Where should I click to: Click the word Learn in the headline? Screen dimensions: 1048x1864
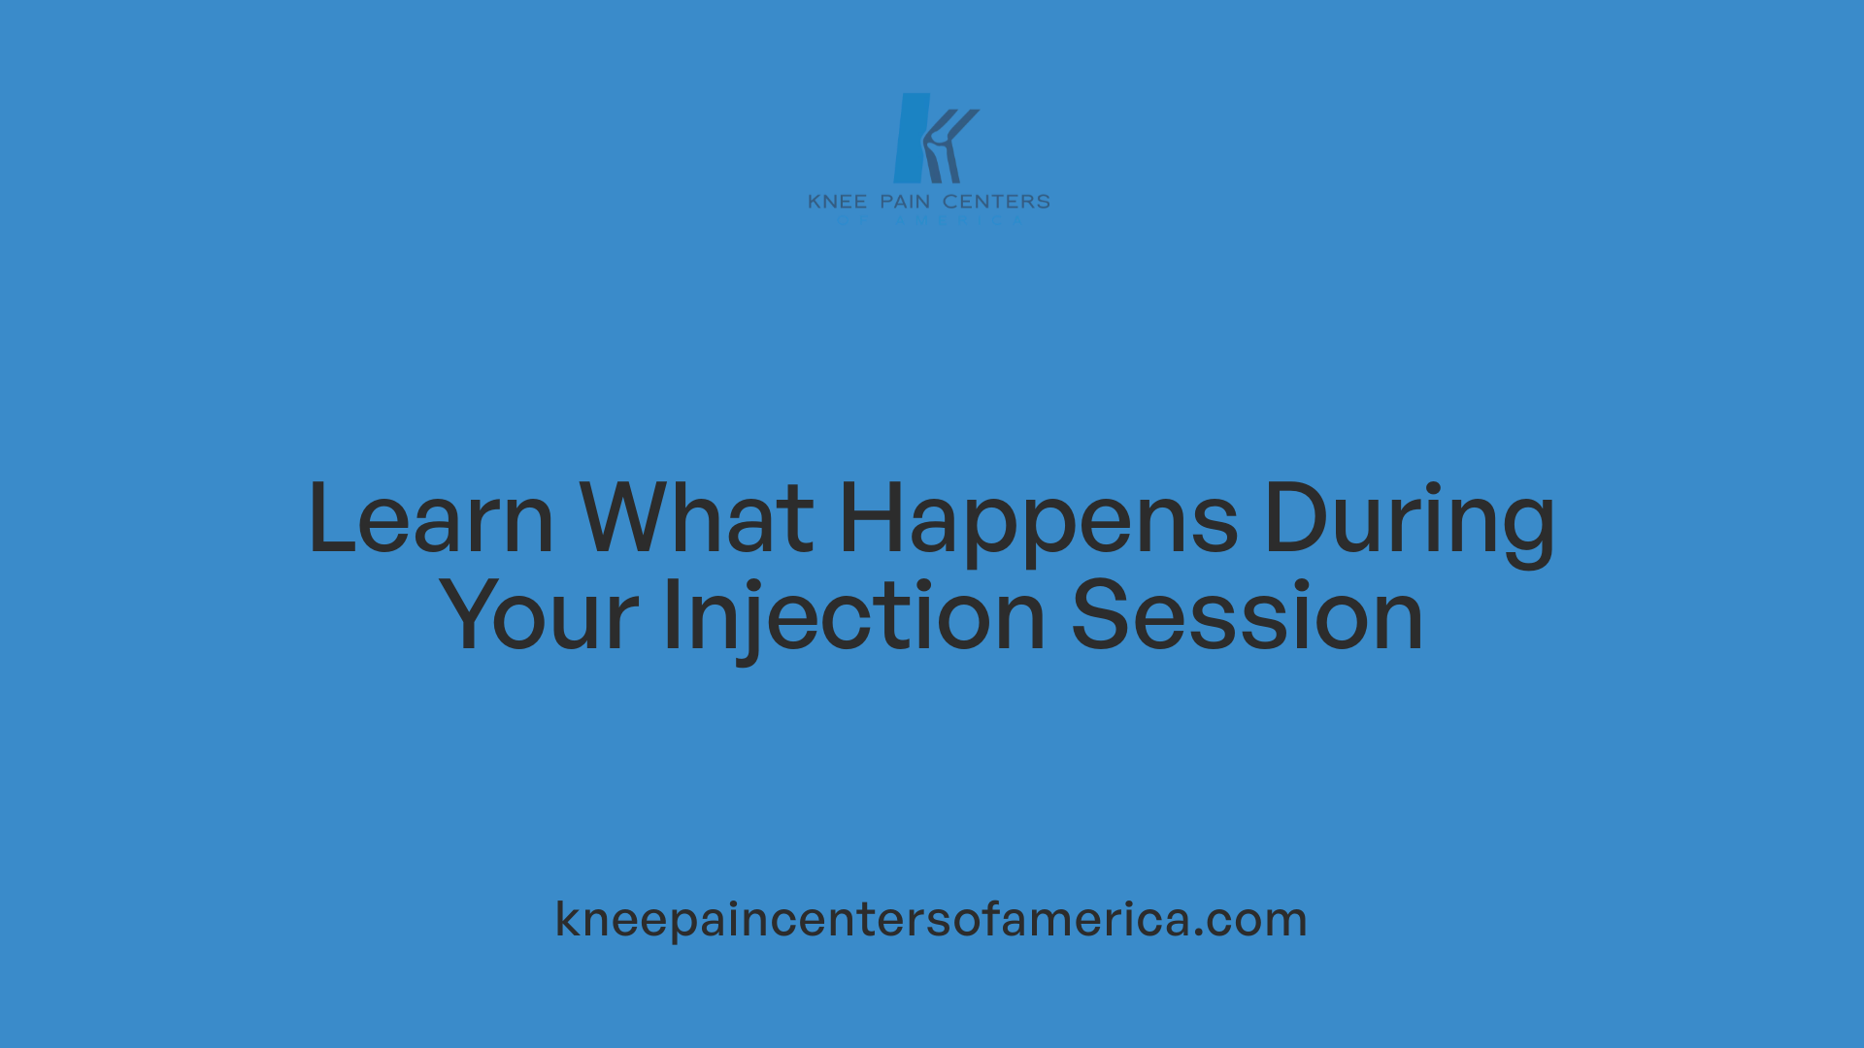430,519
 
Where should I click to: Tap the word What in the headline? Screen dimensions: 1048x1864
696,519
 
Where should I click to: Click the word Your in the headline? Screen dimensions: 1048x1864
539,616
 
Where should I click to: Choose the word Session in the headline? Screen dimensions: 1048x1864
1247,616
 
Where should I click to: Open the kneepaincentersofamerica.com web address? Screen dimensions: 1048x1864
931,919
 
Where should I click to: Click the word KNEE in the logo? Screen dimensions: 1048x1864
837,202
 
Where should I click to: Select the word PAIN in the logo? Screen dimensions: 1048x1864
905,202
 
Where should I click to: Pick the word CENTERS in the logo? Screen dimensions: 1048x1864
996,202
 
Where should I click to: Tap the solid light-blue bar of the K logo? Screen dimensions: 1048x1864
911,138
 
